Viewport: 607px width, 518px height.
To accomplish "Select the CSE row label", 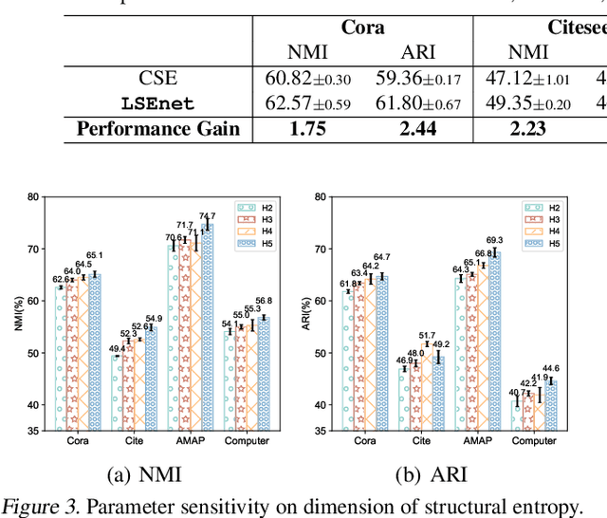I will pyautogui.click(x=157, y=78).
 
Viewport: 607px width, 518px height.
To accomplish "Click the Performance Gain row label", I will pyautogui.click(x=158, y=128).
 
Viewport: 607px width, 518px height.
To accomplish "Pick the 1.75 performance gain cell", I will pyautogui.click(x=306, y=128).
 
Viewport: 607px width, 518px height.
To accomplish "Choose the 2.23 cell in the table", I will pyautogui.click(x=529, y=128).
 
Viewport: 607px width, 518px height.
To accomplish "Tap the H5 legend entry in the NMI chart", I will pyautogui.click(x=260, y=243).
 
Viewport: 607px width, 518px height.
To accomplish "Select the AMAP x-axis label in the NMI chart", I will pyautogui.click(x=188, y=440).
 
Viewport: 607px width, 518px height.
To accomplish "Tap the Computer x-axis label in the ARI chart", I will pyautogui.click(x=534, y=440).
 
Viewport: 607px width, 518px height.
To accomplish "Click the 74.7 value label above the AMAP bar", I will pyautogui.click(x=207, y=217).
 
